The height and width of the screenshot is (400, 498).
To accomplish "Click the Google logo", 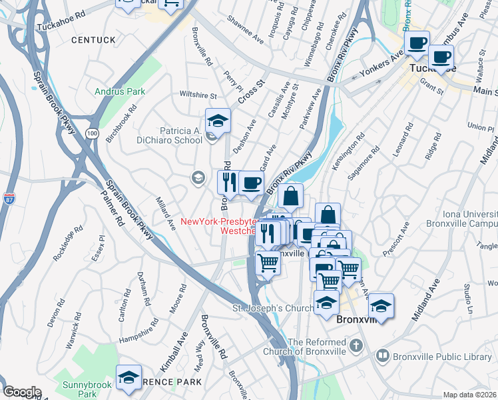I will pos(21,392).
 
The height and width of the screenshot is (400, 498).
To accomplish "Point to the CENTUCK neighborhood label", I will pos(93,41).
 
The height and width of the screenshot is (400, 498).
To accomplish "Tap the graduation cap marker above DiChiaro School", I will pos(218,121).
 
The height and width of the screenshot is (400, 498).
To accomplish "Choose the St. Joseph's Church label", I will pos(272,308).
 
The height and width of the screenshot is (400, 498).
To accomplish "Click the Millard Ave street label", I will pos(164,213).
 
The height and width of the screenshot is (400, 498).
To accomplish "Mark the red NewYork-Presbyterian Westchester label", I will pos(219,226).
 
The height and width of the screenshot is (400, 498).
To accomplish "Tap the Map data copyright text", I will pos(469,395).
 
